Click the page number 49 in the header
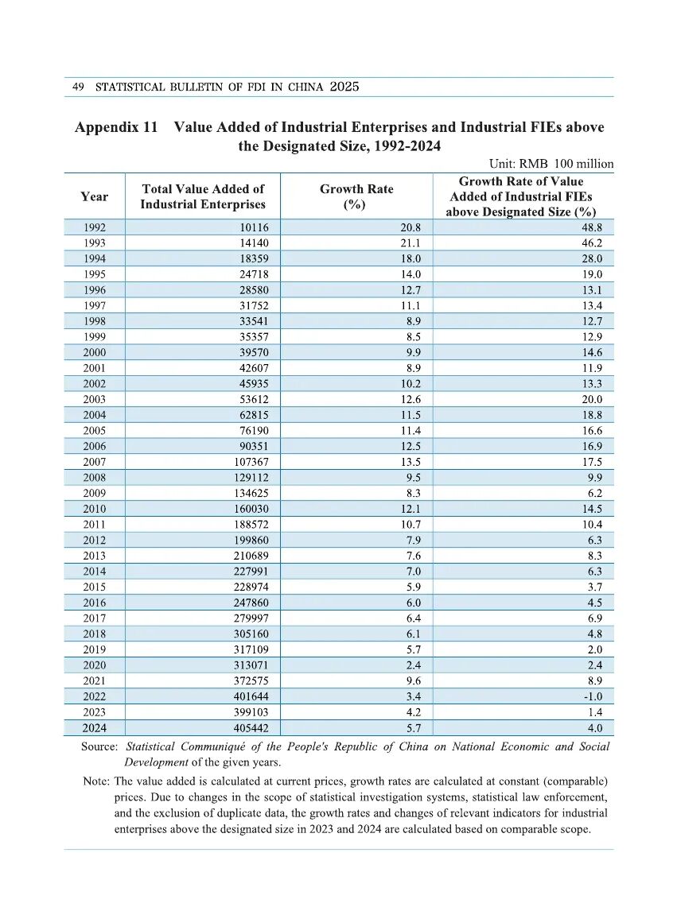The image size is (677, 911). (78, 87)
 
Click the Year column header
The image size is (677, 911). (94, 196)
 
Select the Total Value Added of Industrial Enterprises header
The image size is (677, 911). (203, 196)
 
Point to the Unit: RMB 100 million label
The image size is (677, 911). (551, 164)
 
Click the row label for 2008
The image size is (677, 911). (94, 478)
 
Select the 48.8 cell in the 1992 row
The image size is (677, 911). (592, 227)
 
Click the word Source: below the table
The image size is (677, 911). (99, 747)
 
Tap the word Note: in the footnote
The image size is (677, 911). (97, 781)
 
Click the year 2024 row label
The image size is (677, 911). (94, 728)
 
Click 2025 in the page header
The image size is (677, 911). (344, 87)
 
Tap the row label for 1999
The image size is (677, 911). (94, 337)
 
